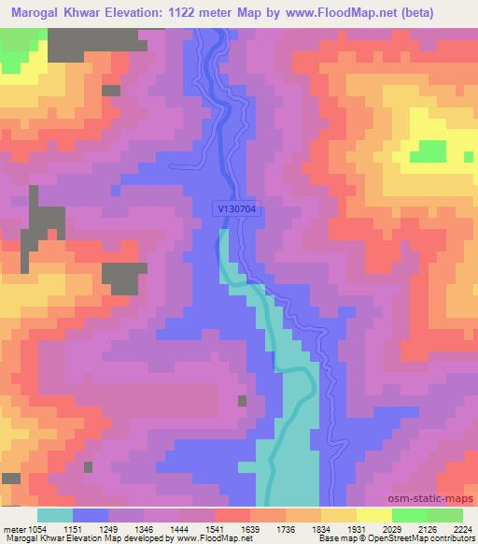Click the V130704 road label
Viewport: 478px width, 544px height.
click(233, 210)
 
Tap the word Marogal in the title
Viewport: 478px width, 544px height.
click(38, 12)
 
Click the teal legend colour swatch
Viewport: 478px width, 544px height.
click(54, 515)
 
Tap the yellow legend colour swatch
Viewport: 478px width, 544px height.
click(373, 515)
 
